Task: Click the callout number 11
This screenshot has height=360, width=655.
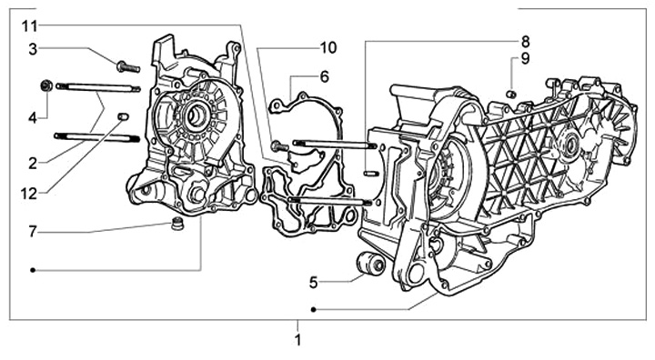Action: coord(30,26)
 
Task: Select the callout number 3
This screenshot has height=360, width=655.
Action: coord(33,49)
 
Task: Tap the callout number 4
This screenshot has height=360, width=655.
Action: coord(33,118)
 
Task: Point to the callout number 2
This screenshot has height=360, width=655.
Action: coord(33,164)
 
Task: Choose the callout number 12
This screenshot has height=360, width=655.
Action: coord(29,194)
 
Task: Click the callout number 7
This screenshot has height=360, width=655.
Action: coord(33,232)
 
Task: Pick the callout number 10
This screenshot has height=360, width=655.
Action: coord(328,47)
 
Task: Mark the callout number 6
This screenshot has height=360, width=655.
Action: coord(325,77)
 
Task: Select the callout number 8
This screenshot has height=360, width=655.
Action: coord(525,42)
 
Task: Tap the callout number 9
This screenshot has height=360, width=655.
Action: coord(525,59)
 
